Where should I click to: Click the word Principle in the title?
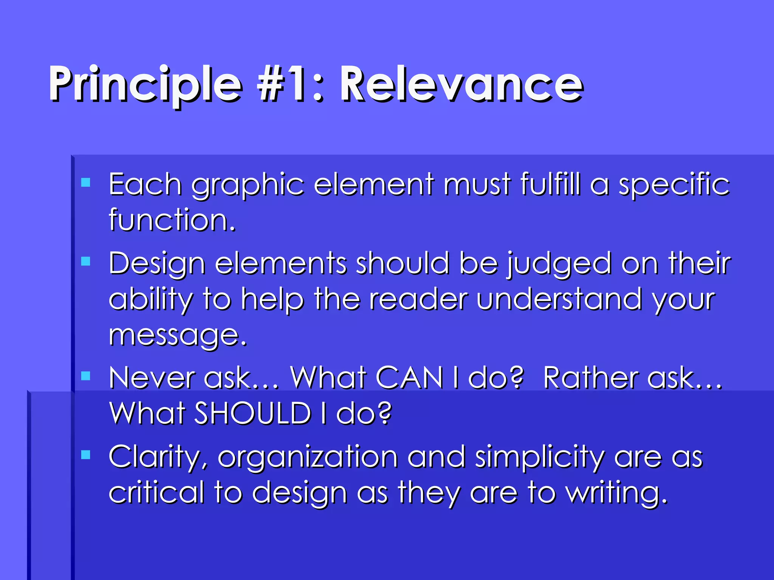click(146, 85)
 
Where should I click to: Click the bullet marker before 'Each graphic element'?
click(86, 183)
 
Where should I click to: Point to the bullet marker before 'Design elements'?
click(86, 261)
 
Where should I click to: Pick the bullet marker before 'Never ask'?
click(86, 376)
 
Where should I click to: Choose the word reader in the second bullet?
click(418, 299)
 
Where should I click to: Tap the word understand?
click(559, 299)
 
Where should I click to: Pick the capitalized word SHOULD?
click(252, 413)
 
